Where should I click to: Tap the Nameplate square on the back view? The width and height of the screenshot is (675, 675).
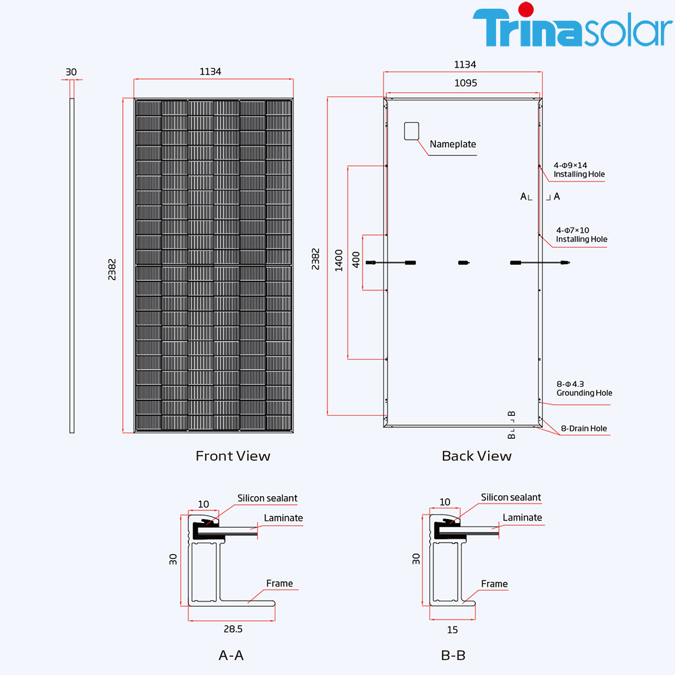412,131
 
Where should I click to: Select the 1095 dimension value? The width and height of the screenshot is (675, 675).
465,83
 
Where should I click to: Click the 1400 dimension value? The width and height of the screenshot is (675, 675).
339,261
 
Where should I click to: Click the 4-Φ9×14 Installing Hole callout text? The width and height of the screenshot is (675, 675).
579,169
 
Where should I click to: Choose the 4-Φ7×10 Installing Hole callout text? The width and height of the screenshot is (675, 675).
581,235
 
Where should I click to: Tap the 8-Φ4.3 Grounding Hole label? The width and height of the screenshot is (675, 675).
584,388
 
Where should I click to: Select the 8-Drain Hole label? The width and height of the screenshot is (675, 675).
584,428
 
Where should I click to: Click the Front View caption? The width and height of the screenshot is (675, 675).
233,456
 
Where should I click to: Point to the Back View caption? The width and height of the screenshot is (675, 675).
477,456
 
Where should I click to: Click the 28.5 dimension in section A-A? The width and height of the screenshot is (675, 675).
232,629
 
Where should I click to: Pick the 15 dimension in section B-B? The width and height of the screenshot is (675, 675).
452,630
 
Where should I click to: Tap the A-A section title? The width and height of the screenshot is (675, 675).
231,655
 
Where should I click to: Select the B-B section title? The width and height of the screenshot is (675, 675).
453,655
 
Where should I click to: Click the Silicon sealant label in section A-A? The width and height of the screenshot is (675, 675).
267,498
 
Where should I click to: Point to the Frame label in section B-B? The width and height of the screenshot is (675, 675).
494,584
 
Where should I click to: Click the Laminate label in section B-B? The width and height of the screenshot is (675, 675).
522,518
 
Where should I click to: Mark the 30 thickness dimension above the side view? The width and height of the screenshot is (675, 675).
72,71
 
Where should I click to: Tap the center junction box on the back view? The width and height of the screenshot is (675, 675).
462,263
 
